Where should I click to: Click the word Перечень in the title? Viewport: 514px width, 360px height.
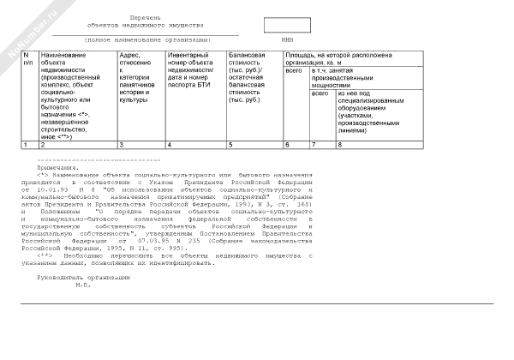146,17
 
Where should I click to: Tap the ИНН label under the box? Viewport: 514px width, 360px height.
286,39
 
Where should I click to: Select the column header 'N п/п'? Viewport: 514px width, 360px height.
27,59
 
